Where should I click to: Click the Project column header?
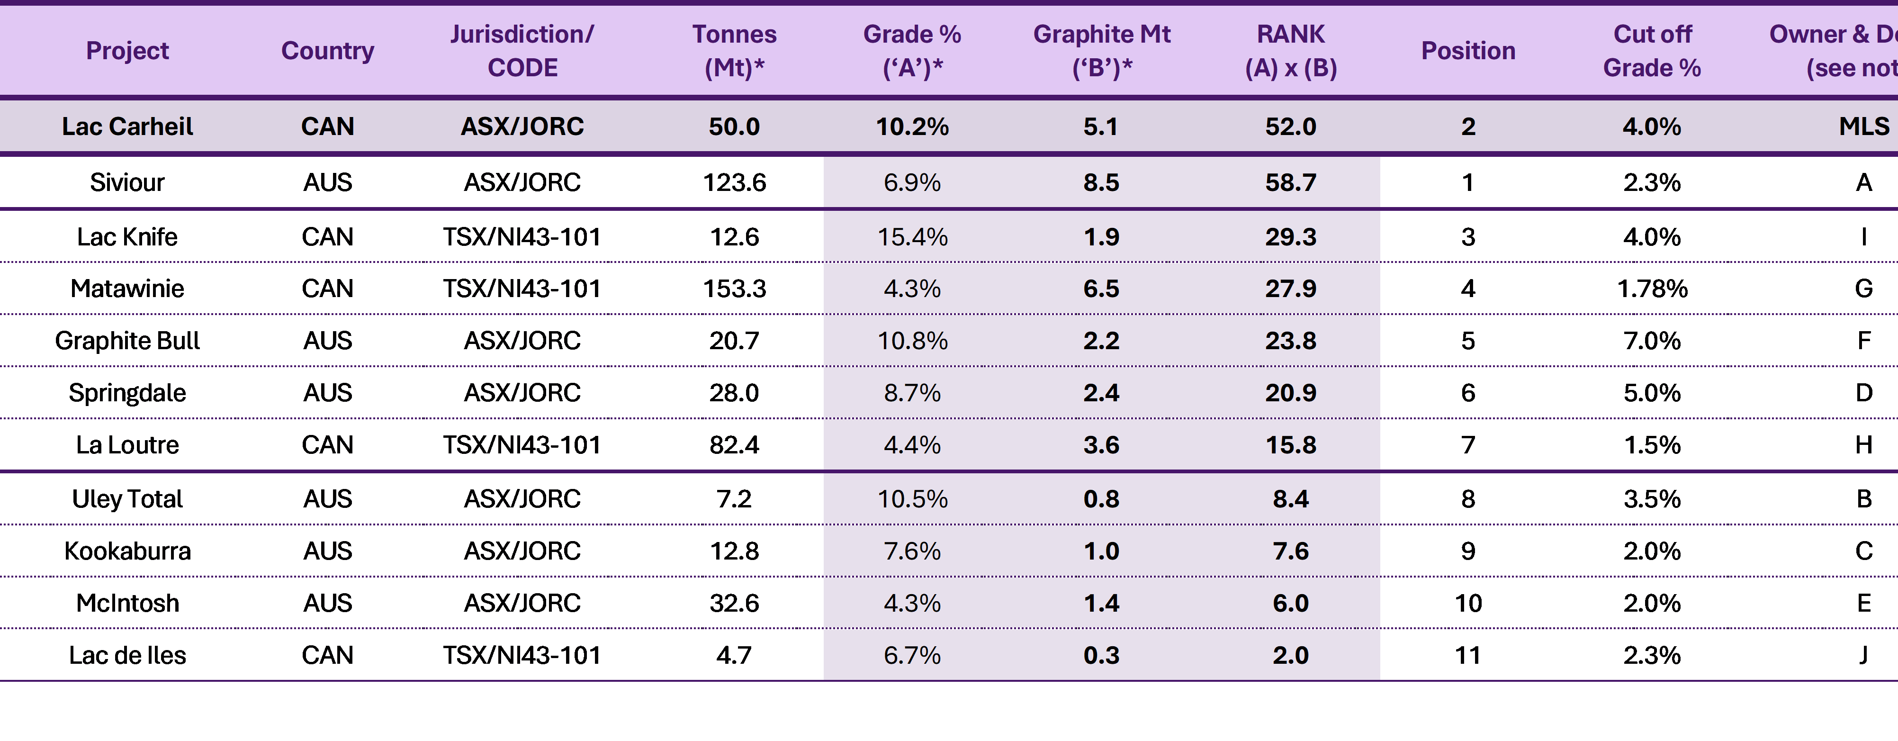(127, 51)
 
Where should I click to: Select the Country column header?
(328, 51)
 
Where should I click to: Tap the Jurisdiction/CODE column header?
(522, 51)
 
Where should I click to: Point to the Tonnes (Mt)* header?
(735, 51)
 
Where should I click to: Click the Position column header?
(1468, 51)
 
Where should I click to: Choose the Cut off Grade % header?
(1652, 51)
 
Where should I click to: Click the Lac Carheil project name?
(127, 127)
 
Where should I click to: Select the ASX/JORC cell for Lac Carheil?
(522, 127)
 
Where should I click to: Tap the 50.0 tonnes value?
(735, 127)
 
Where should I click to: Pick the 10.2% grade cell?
(912, 127)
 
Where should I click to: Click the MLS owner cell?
(1864, 127)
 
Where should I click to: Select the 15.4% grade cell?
(912, 237)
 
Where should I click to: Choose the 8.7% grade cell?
(912, 393)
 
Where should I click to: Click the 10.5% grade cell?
(912, 499)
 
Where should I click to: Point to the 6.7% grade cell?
(912, 655)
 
